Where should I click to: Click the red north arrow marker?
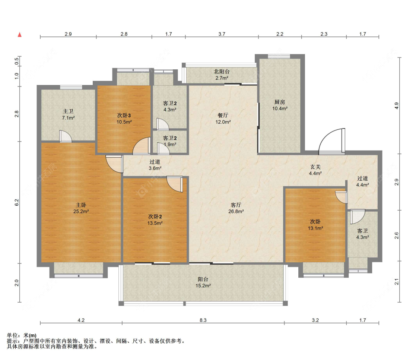coord(19,35)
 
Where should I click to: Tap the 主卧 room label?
coord(81,205)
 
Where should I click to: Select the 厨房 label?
coord(280,102)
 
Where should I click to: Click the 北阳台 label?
coord(222,72)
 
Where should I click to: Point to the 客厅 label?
coord(236,205)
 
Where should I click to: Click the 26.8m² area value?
coord(236,211)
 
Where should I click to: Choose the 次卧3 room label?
coord(124,115)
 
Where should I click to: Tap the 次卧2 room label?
coord(155,217)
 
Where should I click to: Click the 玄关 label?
coord(315,167)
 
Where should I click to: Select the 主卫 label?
coord(68,111)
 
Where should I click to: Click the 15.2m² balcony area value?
coord(203,285)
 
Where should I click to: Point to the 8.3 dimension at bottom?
coord(203,320)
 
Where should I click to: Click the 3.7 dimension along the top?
coord(222,34)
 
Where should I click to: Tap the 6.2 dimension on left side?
coord(16,202)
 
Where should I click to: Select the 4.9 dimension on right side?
coord(397,105)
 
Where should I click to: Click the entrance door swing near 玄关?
coord(331,141)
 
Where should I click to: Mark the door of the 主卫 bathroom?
coord(65,136)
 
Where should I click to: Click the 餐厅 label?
coord(223,115)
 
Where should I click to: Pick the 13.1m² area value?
coord(315,228)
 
